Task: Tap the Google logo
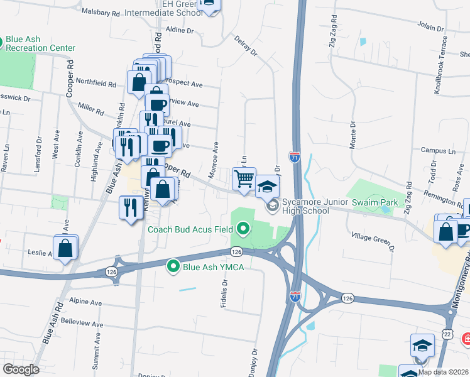tap(21, 369)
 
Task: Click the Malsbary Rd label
tap(101, 13)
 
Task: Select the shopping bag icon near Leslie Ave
tap(65, 248)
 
